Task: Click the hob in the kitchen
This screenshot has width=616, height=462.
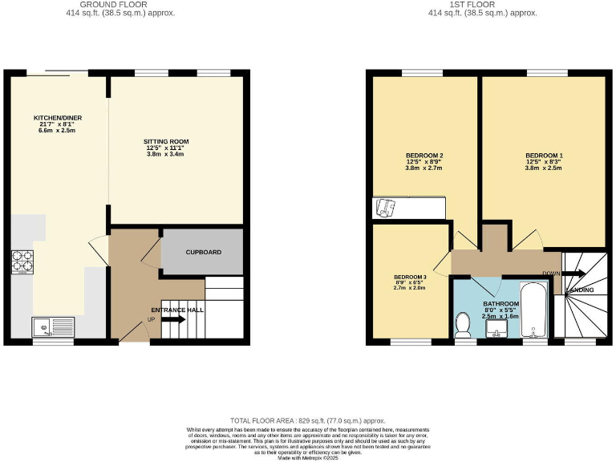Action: (x=21, y=262)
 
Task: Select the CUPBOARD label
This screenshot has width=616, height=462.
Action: (x=203, y=251)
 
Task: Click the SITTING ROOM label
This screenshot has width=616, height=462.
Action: (x=168, y=142)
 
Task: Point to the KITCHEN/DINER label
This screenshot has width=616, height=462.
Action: (x=58, y=118)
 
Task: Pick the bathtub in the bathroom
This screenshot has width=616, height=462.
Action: (x=533, y=312)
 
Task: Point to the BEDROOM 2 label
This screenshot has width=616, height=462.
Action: (x=424, y=156)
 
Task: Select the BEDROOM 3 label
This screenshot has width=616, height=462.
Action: (x=409, y=277)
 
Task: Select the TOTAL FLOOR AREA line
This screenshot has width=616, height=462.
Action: (x=308, y=420)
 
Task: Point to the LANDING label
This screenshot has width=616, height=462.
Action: (x=580, y=290)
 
